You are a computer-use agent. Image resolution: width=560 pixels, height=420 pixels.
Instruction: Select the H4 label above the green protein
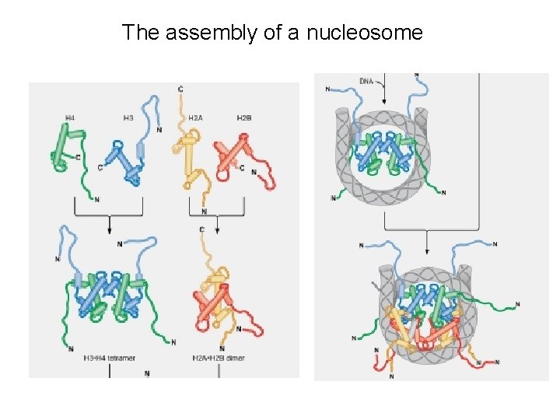pos(70,117)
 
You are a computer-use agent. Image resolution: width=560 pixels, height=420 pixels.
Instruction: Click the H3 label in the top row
pos(128,117)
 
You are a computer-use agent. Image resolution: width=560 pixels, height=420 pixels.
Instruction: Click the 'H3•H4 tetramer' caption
pos(109,359)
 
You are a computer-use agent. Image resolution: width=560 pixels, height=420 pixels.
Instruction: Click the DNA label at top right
pos(366,81)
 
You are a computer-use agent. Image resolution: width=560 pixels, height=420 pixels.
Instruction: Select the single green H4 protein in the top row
pos(65,148)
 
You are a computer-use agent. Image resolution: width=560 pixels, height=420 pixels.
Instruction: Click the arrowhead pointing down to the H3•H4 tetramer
pos(110,229)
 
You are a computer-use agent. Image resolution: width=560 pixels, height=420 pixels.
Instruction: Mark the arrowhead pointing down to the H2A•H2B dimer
pos(218,229)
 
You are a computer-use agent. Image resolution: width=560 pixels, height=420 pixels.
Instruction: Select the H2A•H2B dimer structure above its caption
pos(218,299)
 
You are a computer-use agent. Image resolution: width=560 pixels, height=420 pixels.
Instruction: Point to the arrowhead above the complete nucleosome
pos(426,254)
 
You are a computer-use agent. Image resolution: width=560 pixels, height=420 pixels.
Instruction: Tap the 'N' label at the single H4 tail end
pos(97,199)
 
